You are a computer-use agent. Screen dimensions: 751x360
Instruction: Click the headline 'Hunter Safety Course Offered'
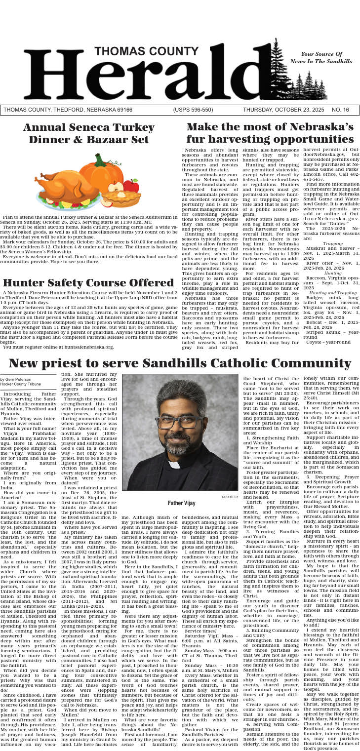(88, 283)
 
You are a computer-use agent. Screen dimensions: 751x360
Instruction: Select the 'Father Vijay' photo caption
(180, 503)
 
